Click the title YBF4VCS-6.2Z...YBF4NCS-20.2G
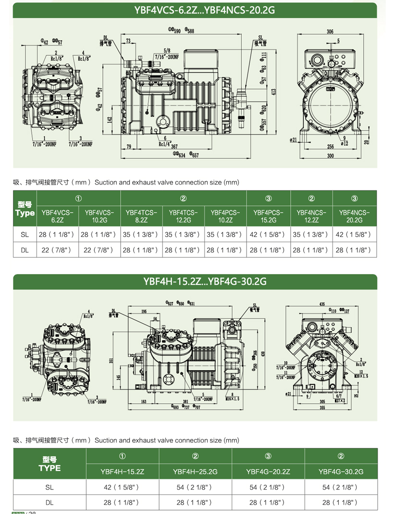[197, 10]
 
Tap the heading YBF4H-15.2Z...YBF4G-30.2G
[197, 281]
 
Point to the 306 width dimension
[330, 32]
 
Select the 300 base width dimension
[330, 156]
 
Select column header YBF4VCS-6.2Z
[57, 216]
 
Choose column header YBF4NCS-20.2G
[355, 216]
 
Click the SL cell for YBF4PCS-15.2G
[269, 235]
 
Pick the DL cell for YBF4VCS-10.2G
[99, 250]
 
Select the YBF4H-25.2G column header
[195, 472]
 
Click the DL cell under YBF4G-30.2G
[341, 502]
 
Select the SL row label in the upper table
[25, 235]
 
